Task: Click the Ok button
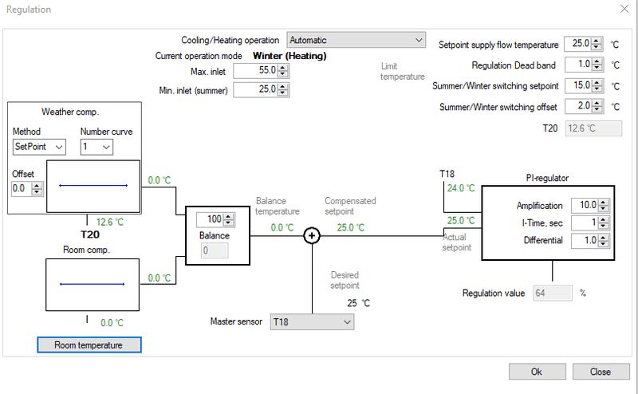[536, 372]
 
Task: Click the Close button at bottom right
[600, 372]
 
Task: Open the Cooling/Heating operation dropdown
[356, 40]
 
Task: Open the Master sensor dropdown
[311, 321]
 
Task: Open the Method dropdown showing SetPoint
[38, 147]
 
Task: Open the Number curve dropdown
[96, 147]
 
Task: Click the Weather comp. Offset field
[22, 188]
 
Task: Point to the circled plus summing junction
[312, 235]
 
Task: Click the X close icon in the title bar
[623, 9]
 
